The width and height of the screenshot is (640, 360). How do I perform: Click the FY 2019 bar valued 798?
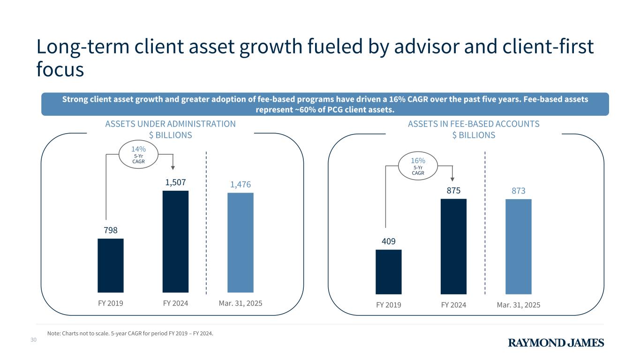click(x=111, y=265)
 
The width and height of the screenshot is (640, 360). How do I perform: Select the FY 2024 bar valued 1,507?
click(x=175, y=241)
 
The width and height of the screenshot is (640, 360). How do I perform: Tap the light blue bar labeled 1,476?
click(x=241, y=242)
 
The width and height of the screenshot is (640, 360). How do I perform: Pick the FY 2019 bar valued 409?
click(x=389, y=272)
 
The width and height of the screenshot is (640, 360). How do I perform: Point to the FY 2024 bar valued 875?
click(x=453, y=247)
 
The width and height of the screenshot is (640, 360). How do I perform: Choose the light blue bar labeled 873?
click(x=519, y=247)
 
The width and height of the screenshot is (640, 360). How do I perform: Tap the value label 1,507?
click(x=175, y=182)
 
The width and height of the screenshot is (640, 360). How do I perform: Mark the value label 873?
click(x=519, y=191)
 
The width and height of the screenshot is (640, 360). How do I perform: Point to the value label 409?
click(x=389, y=241)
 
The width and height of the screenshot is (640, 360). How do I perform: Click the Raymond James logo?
click(x=556, y=343)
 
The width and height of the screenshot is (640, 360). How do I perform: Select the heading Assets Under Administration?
click(x=170, y=124)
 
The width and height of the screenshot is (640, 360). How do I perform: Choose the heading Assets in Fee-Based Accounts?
click(x=474, y=124)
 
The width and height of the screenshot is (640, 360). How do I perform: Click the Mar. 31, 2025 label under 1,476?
click(x=241, y=303)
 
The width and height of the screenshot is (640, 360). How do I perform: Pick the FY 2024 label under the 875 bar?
click(x=453, y=305)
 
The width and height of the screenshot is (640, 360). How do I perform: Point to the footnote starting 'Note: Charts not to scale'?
click(x=130, y=334)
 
